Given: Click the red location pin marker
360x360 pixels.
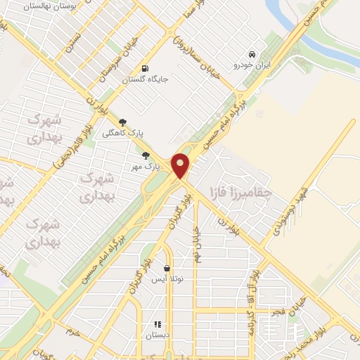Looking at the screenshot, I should tap(181, 165).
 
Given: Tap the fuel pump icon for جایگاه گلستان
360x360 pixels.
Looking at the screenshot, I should tap(145, 69).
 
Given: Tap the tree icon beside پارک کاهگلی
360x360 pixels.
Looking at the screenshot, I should tap(123, 122).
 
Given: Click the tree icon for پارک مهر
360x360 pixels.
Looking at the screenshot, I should tap(146, 156).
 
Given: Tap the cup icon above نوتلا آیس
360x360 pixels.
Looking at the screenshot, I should tap(167, 268).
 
